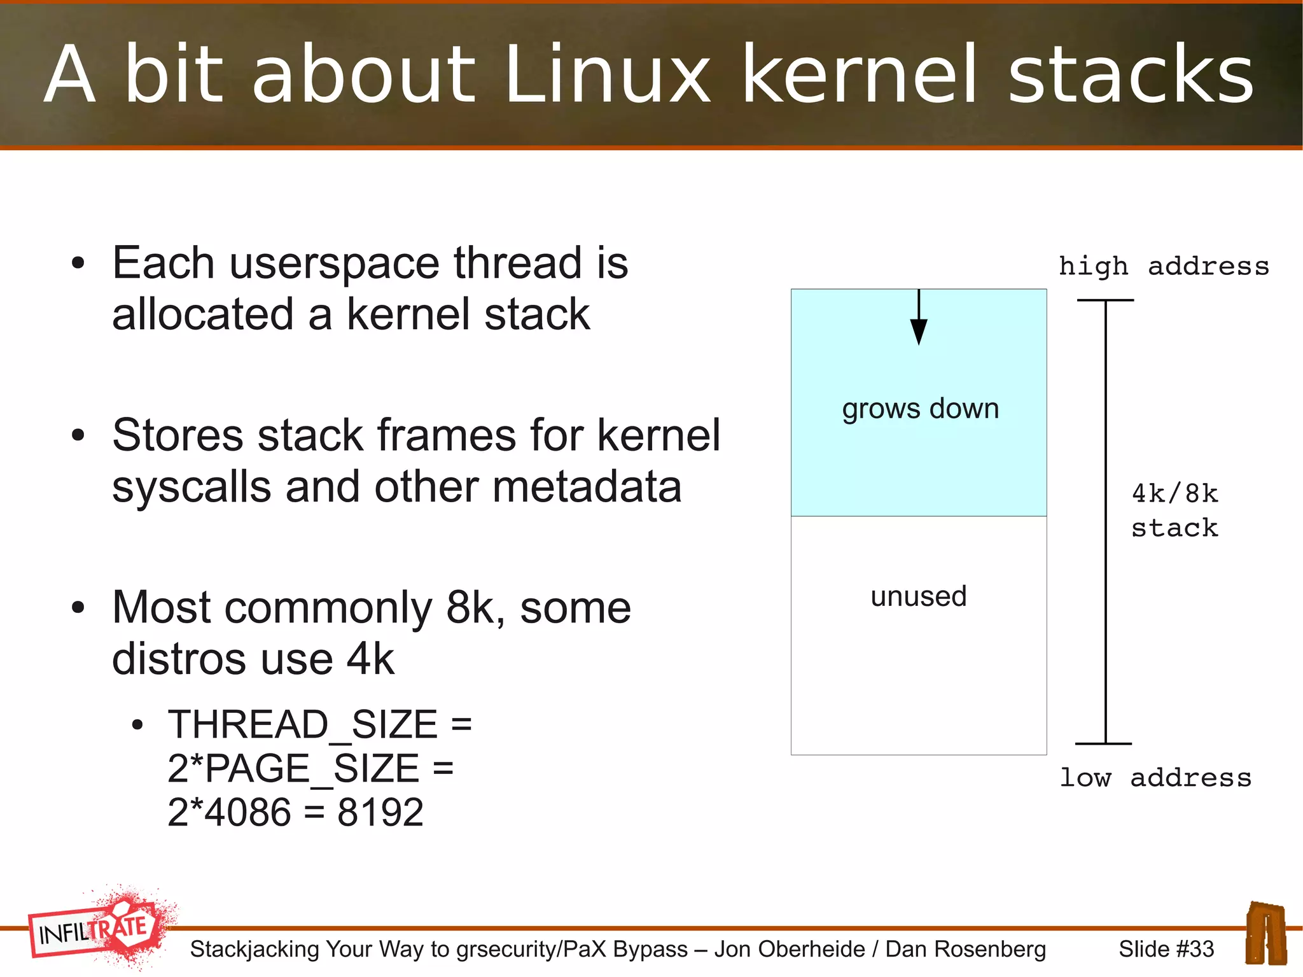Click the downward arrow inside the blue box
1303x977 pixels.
coord(919,318)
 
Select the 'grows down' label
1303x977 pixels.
coord(920,409)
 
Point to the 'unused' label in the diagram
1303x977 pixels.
coord(918,596)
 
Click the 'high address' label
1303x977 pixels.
coord(1163,266)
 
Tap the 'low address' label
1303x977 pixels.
coord(1155,778)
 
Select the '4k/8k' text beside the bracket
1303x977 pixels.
coord(1174,494)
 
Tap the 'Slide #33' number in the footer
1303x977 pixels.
coord(1166,949)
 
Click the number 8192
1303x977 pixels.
coord(380,813)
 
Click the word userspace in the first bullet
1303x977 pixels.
coord(334,263)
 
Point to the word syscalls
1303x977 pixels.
coord(192,487)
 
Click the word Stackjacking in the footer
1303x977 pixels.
coord(254,949)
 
